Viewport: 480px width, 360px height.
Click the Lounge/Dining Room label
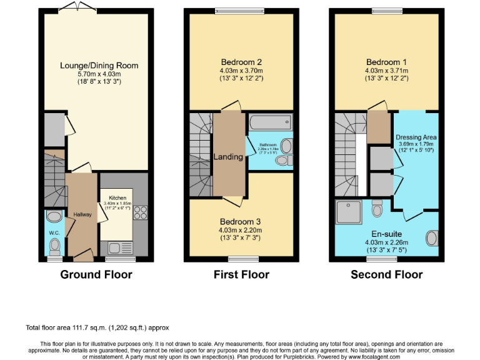tap(99, 66)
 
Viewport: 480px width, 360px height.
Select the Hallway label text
tap(82, 214)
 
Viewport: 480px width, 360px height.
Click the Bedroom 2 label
tap(241, 62)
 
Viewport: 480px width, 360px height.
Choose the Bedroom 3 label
tap(241, 222)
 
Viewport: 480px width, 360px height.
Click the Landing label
tap(228, 157)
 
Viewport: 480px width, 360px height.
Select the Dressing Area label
tap(416, 137)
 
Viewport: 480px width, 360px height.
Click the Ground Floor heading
tap(96, 274)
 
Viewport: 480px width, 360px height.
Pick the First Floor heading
tap(241, 274)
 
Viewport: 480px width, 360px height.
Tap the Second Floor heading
tap(386, 274)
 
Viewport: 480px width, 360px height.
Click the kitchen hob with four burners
tap(140, 212)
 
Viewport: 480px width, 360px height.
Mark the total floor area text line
tap(97, 327)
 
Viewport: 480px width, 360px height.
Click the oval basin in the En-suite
tap(431, 239)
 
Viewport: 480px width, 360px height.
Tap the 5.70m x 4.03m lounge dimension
tap(99, 74)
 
